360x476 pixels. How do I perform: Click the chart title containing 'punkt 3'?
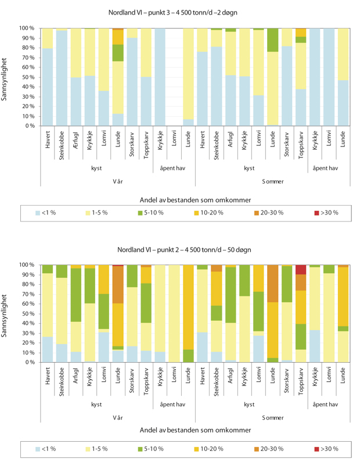pos(181,12)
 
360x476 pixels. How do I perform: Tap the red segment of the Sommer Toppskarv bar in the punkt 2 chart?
pos(300,269)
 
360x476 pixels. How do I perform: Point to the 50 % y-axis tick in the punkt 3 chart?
pos(27,77)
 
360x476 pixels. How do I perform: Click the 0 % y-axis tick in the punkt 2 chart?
pos(29,362)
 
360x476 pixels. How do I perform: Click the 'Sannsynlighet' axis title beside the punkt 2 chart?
pos(5,314)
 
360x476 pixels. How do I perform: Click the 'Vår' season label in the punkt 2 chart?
pos(117,417)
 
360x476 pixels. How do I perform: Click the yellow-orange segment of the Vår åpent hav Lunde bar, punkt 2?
pos(189,307)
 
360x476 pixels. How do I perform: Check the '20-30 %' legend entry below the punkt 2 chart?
pos(267,449)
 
